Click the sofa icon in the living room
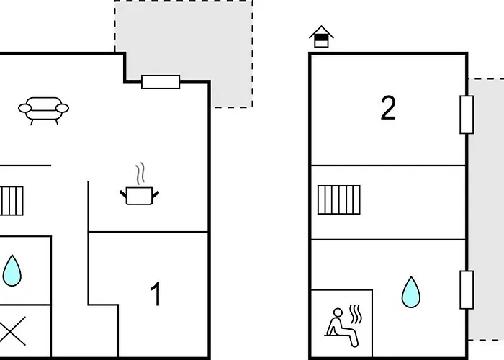43,110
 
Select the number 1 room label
156,294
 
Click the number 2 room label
388,109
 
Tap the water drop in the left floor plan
12,270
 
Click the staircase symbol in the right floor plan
338,200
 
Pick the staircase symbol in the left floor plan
12,201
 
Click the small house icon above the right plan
321,37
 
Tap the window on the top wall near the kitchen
161,82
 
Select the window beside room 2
467,114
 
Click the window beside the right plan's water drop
467,290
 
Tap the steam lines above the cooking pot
141,174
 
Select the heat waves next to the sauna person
356,315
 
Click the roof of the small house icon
321,31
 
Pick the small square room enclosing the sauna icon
341,324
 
